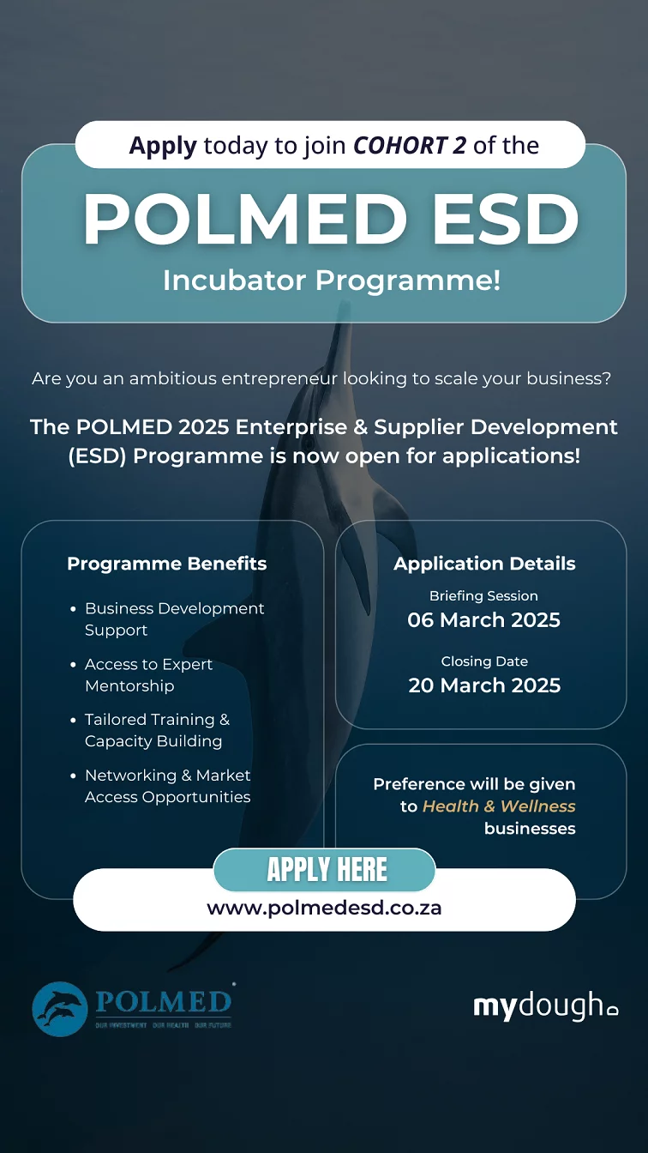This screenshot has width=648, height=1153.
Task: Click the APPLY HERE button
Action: tap(325, 869)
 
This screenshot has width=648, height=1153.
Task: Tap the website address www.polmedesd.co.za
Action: tap(325, 908)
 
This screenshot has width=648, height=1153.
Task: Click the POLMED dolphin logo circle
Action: tap(60, 1009)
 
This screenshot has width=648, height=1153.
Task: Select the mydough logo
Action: tap(546, 1005)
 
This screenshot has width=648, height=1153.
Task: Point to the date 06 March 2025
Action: tap(484, 619)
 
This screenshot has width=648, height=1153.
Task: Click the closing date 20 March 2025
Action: tap(484, 685)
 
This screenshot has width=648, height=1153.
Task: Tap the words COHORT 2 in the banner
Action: tap(410, 145)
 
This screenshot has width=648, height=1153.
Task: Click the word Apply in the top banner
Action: tap(163, 146)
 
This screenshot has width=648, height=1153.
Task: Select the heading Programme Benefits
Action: tap(167, 564)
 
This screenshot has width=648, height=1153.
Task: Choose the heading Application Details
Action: tap(484, 564)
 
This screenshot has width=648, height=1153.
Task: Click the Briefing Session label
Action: tap(484, 595)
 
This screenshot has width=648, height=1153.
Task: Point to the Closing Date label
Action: tap(484, 661)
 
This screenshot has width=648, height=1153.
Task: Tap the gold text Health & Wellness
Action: tap(499, 806)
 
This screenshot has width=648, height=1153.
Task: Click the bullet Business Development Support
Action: tap(174, 619)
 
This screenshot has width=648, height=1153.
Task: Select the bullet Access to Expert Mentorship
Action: tap(148, 675)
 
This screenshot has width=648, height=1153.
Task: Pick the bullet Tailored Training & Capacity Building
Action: tap(158, 730)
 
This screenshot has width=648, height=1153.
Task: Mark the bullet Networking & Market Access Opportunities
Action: tap(168, 786)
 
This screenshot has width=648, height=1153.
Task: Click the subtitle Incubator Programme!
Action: tap(332, 281)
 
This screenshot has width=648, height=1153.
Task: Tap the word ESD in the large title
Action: tap(506, 220)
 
